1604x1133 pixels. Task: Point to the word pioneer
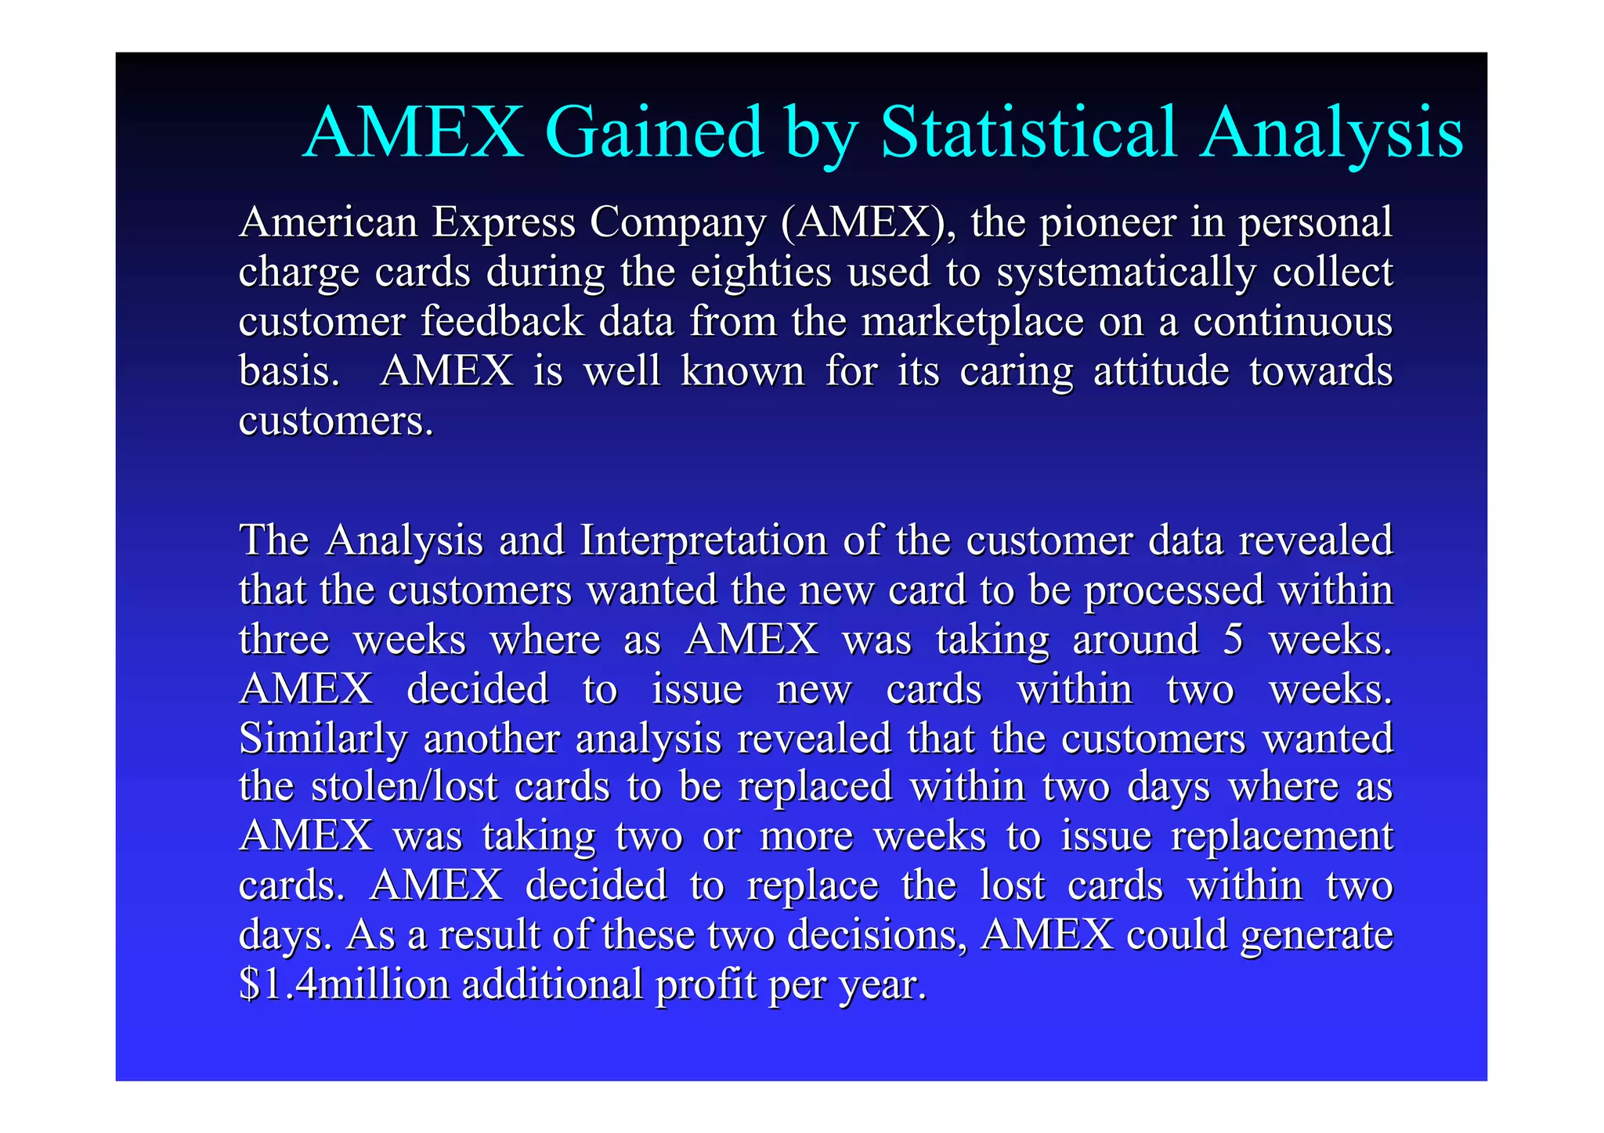pos(1107,224)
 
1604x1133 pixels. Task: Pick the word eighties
pos(760,272)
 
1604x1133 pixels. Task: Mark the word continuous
pos(1292,322)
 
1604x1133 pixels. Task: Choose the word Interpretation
pos(703,541)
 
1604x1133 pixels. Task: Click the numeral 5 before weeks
pos(1233,640)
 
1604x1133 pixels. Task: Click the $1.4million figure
pos(345,984)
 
